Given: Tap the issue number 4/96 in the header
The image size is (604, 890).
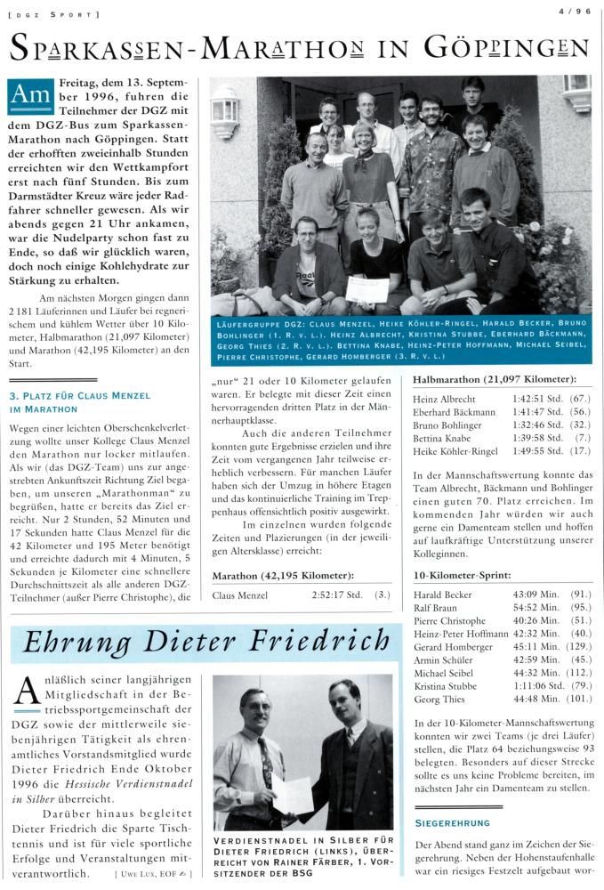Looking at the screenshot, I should click(575, 12).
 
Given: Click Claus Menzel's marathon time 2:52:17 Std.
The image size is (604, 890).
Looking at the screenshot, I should click(334, 595).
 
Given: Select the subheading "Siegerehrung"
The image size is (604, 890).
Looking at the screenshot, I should click(451, 822).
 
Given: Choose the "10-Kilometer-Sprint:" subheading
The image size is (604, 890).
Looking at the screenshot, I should click(462, 574).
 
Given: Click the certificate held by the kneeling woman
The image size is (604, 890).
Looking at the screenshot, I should click(366, 288).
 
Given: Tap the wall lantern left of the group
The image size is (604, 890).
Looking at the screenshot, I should click(226, 111).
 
